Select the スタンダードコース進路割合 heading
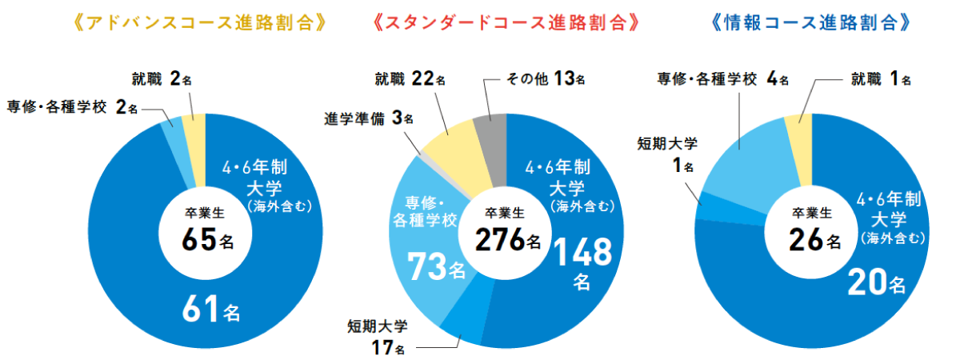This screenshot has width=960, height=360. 508,22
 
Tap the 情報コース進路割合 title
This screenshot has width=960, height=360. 811,22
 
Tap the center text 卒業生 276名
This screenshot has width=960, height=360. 507,230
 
